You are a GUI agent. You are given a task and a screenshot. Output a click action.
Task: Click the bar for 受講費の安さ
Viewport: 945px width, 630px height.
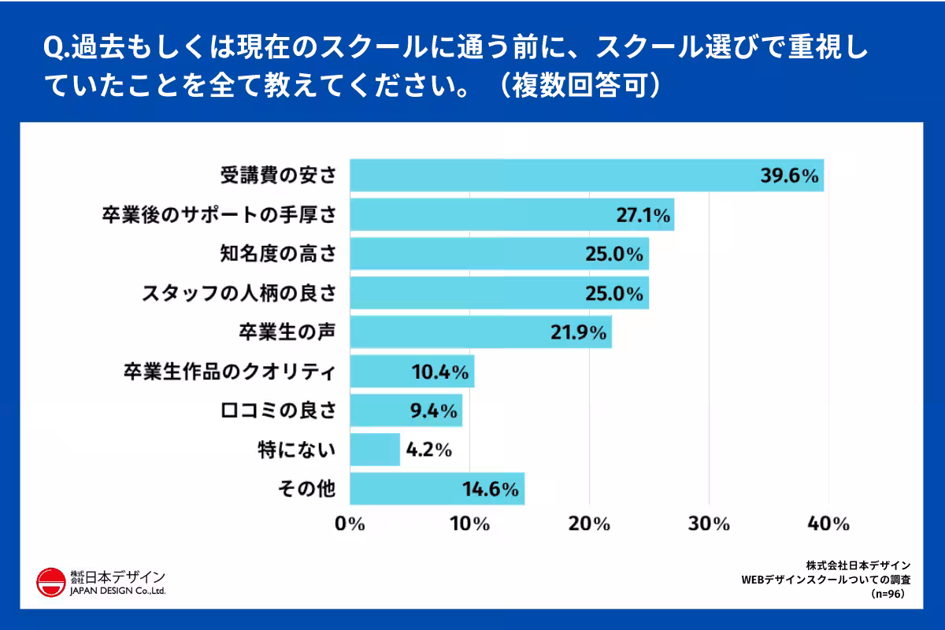pos(586,175)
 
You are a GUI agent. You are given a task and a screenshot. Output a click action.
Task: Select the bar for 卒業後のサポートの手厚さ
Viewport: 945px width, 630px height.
pos(512,214)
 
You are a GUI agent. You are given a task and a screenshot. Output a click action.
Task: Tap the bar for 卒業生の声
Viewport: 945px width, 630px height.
pos(480,332)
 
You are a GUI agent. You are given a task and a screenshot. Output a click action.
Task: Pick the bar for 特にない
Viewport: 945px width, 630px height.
pos(375,450)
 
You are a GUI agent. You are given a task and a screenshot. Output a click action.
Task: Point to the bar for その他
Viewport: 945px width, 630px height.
pos(437,489)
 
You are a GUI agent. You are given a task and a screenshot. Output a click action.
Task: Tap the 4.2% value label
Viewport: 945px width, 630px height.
pos(428,450)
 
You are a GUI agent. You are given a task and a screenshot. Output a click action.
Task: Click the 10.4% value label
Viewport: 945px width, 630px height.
pos(441,372)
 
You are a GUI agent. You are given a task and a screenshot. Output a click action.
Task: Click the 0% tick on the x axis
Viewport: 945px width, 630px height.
pos(350,524)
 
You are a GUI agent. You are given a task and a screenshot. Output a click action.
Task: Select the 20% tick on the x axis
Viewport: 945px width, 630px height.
pos(590,524)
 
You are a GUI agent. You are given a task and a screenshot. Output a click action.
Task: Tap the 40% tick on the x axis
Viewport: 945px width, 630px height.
pos(829,524)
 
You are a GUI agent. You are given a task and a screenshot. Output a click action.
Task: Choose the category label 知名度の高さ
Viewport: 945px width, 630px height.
pos(278,254)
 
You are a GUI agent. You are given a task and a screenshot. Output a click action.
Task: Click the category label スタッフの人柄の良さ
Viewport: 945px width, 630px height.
pos(239,293)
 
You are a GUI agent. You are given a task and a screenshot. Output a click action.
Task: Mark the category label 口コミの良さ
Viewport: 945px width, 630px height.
pos(278,411)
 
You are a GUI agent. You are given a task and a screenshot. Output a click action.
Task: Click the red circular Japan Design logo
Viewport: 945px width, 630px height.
pos(51,583)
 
